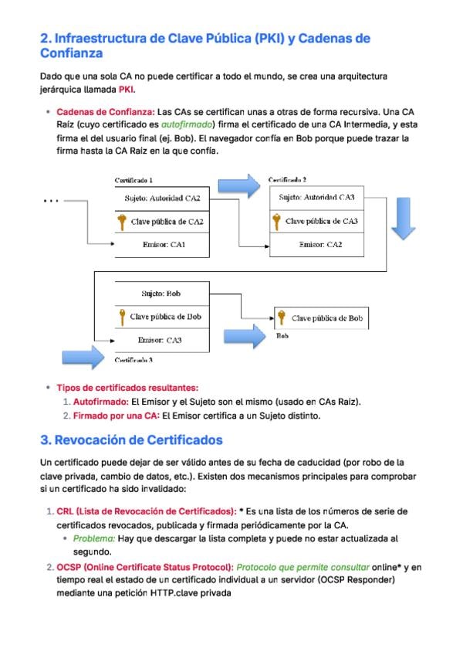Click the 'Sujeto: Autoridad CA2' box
point(162,199)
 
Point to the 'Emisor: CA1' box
point(162,245)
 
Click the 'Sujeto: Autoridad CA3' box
point(316,197)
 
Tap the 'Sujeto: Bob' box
point(161,294)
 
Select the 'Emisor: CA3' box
point(161,340)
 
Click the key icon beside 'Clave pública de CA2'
point(121,222)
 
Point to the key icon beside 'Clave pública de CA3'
point(276,222)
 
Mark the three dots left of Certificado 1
point(51,202)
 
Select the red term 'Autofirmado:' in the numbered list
point(101,402)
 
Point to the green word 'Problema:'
point(96,538)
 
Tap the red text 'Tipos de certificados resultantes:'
point(127,388)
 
